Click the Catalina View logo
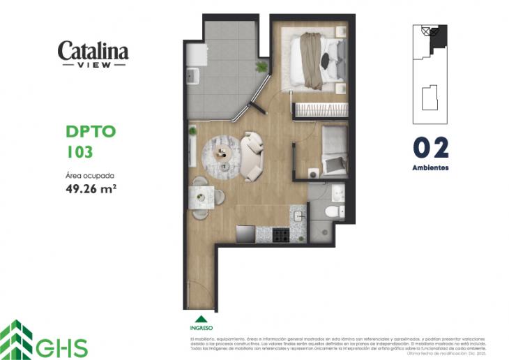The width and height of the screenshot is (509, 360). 93,53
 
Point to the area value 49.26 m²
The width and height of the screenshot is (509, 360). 90,188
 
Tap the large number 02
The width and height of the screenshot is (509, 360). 430,148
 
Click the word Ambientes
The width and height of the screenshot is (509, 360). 430,168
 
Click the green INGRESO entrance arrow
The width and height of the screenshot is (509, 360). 201,319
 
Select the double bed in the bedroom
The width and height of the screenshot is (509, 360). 317,61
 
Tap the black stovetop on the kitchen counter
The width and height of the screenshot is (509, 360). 280,234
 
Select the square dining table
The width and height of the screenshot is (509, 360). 203,197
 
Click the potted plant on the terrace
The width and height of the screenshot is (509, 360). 261,67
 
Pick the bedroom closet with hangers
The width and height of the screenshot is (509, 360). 319,110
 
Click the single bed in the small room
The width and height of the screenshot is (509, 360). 335,150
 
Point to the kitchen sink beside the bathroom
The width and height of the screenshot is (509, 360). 298,216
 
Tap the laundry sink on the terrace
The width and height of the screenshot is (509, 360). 193,75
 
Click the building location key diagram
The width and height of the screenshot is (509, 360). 430,69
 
